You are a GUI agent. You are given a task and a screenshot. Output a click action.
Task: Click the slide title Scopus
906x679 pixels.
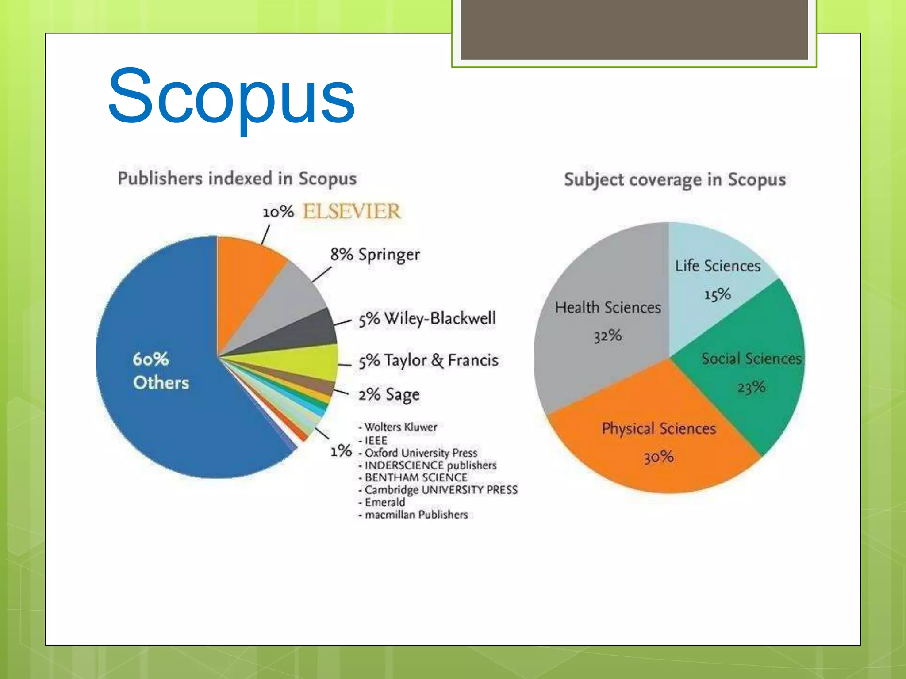click(x=231, y=96)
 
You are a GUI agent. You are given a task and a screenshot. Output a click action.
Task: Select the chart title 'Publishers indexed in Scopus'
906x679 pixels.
click(x=237, y=179)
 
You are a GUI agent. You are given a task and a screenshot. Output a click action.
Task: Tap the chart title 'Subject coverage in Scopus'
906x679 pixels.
click(x=675, y=180)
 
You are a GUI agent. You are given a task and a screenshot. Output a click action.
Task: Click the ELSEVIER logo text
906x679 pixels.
click(x=352, y=211)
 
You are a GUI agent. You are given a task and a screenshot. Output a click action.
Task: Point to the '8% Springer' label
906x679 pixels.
click(x=375, y=255)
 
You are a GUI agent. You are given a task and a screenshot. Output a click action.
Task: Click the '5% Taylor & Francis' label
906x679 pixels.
click(x=428, y=360)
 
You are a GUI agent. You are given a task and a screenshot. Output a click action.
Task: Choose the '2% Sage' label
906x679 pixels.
click(x=389, y=394)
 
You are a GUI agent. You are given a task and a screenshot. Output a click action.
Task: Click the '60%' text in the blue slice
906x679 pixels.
click(x=150, y=359)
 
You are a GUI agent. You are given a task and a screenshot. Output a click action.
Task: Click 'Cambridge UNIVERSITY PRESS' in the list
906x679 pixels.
click(x=441, y=490)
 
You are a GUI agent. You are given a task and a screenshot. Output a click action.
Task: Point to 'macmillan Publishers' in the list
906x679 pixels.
click(x=416, y=515)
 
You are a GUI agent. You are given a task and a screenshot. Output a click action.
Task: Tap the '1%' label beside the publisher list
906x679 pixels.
click(x=341, y=451)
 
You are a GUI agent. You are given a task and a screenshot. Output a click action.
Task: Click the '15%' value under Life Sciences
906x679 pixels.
click(x=717, y=294)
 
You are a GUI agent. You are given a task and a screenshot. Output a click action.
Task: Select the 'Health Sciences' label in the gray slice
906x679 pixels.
click(x=608, y=308)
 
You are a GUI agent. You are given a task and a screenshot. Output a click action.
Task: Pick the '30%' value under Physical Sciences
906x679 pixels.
click(x=658, y=457)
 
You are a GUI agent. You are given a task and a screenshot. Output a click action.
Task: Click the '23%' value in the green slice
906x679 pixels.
click(x=751, y=388)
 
